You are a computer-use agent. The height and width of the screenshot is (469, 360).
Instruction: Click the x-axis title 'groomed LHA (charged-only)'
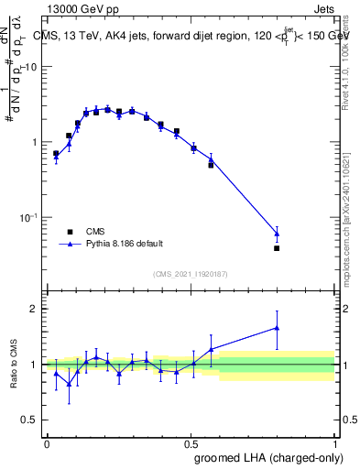(x=265, y=458)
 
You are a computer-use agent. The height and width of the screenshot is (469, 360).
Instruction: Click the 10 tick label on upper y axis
(x=31, y=67)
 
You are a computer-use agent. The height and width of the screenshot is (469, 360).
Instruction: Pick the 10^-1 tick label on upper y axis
(x=29, y=217)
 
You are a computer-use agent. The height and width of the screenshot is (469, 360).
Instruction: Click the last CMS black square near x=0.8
(x=277, y=248)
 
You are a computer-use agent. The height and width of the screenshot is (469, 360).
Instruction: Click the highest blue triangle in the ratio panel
(x=277, y=327)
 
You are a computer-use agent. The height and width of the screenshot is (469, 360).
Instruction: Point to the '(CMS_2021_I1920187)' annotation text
(x=191, y=273)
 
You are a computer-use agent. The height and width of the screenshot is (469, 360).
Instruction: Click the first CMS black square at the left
(x=56, y=154)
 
